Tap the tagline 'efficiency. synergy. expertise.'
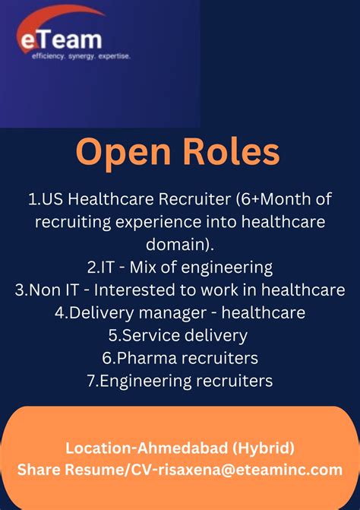(81, 55)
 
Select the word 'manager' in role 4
(178, 312)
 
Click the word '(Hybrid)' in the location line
(261, 447)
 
